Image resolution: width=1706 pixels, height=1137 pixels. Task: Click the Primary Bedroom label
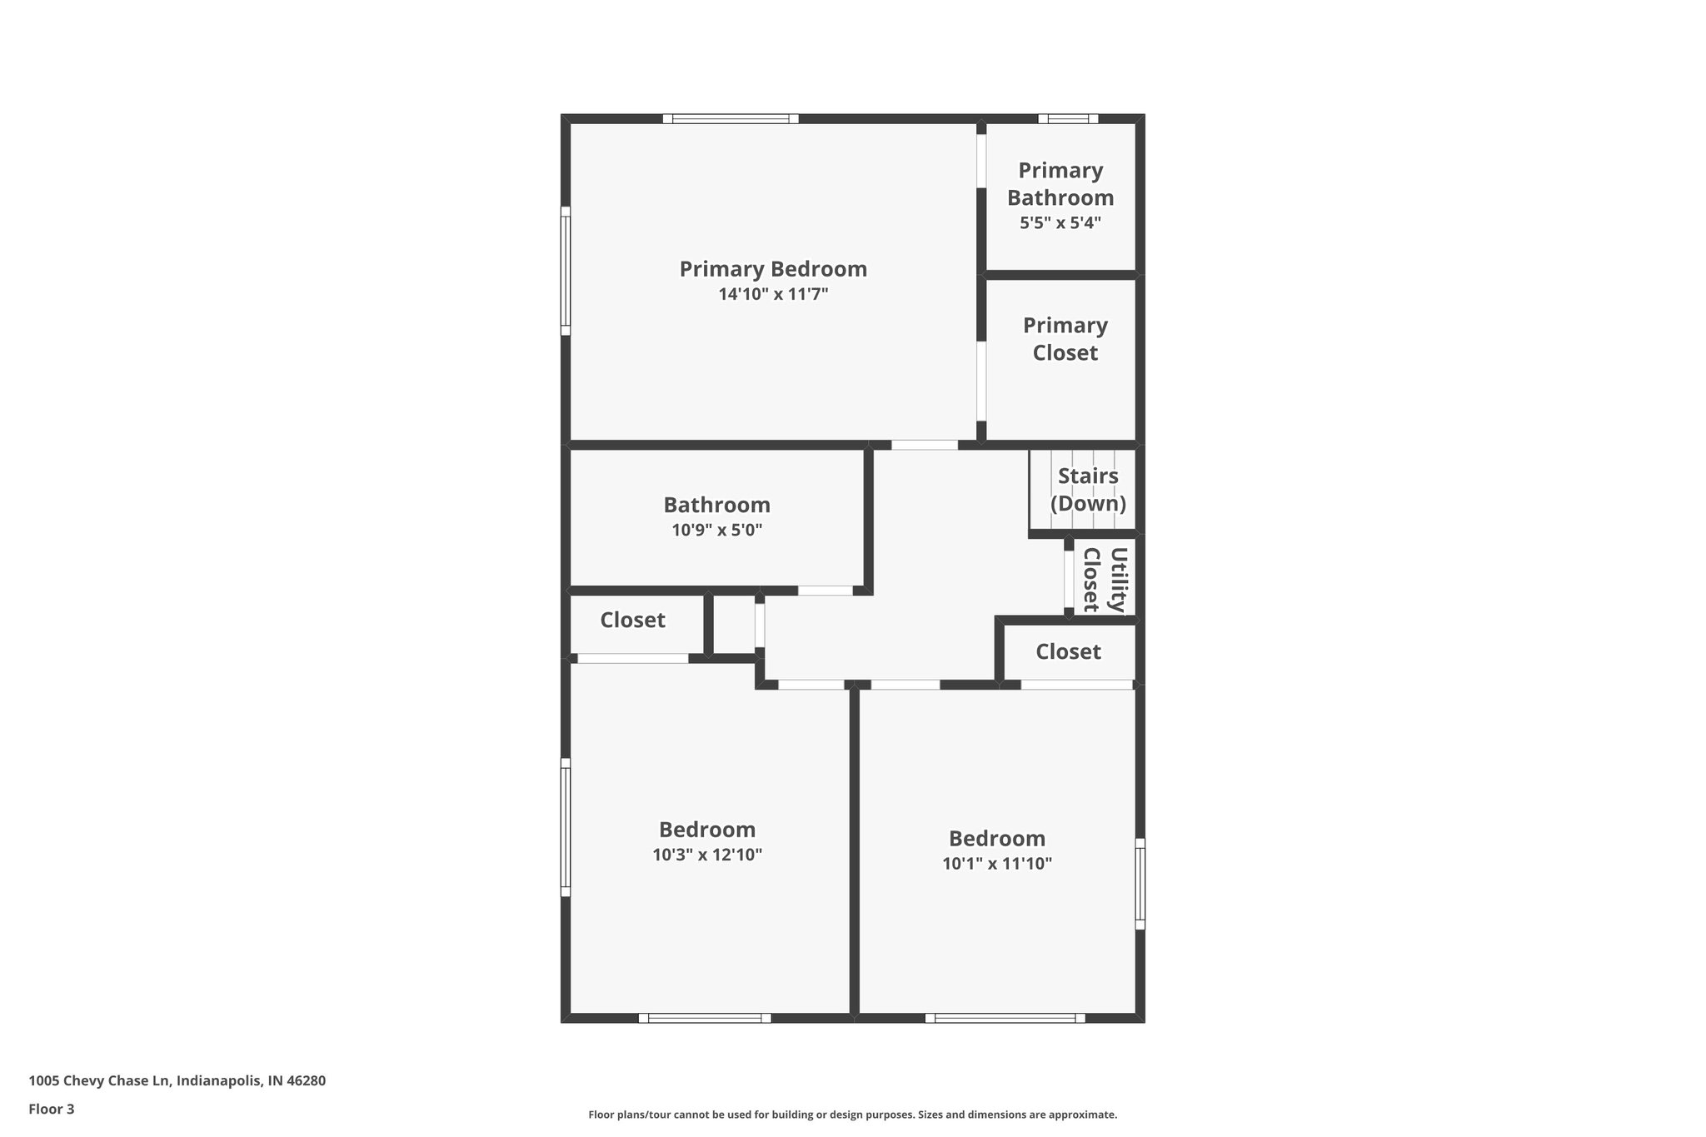coord(773,269)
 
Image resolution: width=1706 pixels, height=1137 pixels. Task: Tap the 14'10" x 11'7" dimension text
coord(773,294)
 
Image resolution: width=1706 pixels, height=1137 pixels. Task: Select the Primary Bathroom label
coord(1060,184)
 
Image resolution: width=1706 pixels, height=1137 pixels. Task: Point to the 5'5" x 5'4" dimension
coord(1060,223)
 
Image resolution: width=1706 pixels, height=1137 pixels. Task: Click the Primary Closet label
coord(1065,339)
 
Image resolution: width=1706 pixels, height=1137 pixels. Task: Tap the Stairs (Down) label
coord(1088,490)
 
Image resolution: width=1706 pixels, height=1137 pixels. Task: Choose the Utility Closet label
coord(1104,580)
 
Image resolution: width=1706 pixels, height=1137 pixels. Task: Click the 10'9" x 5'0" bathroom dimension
coord(716,530)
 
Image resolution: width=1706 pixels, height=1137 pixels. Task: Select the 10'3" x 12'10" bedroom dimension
coord(707,855)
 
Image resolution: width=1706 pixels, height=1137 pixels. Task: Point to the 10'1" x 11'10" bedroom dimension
coord(997,863)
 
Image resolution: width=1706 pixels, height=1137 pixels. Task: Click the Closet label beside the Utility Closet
coord(1068,651)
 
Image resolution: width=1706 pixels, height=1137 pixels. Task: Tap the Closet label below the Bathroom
coord(632,620)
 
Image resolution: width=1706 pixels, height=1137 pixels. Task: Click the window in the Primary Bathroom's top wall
coord(1068,118)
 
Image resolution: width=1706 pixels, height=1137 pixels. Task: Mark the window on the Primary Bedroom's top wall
coord(731,118)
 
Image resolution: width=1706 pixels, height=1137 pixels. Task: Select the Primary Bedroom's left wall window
coord(566,271)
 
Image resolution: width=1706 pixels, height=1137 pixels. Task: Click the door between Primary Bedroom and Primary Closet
coord(981,381)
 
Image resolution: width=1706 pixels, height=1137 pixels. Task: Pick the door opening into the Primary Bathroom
coord(981,160)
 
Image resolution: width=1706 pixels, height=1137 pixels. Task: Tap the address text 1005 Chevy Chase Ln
coord(177,1080)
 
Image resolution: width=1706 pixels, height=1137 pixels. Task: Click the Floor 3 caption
coord(52,1109)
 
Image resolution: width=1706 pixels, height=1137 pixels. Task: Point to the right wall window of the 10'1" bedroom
coord(1140,884)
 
